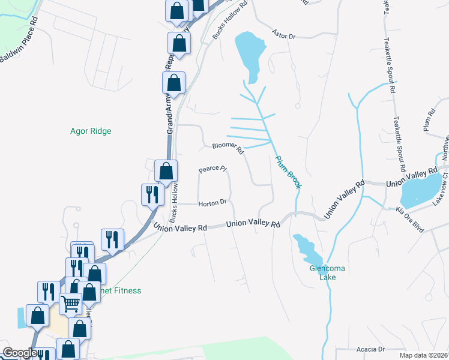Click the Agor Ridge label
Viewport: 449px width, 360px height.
[91, 131]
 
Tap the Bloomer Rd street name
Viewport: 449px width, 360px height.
[227, 148]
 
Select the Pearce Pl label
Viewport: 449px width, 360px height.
[212, 170]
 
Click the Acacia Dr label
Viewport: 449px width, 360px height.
[370, 349]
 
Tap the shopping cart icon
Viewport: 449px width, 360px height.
[70, 305]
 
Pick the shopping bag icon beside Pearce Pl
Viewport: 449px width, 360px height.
[166, 171]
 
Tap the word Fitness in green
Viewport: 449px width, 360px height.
[127, 290]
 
